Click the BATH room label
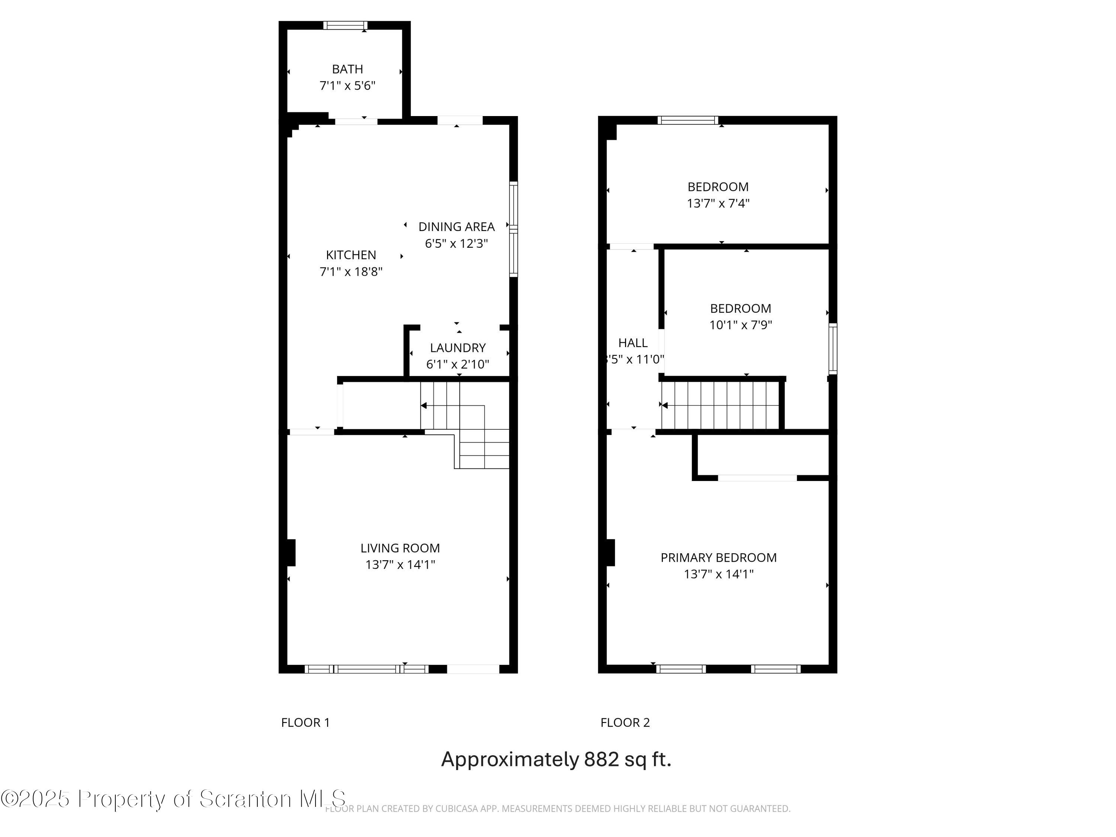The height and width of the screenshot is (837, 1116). [347, 69]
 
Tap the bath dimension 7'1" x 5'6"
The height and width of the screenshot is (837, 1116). [347, 86]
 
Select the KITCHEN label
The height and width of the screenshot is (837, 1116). [351, 255]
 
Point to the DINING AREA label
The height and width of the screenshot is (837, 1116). [456, 227]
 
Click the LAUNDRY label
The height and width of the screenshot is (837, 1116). [458, 347]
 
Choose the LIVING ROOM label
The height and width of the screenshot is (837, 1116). [400, 548]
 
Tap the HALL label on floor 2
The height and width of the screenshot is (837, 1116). [633, 343]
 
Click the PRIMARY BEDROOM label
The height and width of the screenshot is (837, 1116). [718, 558]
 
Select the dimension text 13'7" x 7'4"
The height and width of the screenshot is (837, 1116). [718, 203]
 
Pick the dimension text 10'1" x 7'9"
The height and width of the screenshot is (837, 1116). [740, 325]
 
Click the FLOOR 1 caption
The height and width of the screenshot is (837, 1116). [305, 722]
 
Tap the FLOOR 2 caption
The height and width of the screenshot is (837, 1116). [625, 722]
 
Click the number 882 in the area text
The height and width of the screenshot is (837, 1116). [602, 759]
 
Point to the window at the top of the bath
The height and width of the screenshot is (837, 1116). [346, 25]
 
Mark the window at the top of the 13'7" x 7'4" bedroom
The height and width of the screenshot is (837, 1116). [688, 120]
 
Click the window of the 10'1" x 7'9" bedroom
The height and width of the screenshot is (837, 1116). [833, 349]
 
